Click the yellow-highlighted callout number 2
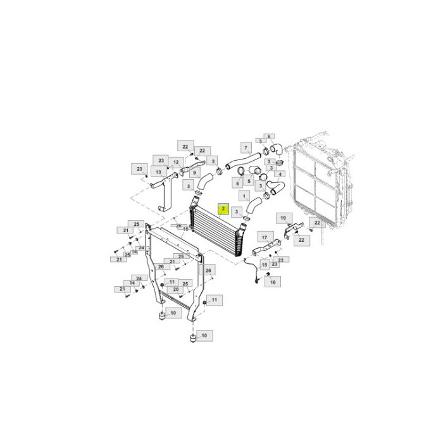223,208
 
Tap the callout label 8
268,136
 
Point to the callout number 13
157,172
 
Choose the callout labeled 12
176,162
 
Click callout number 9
195,172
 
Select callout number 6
238,184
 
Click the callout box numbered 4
280,174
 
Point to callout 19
283,218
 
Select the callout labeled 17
263,237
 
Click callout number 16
273,282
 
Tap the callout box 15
265,264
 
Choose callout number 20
175,289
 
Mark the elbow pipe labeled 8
276,149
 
